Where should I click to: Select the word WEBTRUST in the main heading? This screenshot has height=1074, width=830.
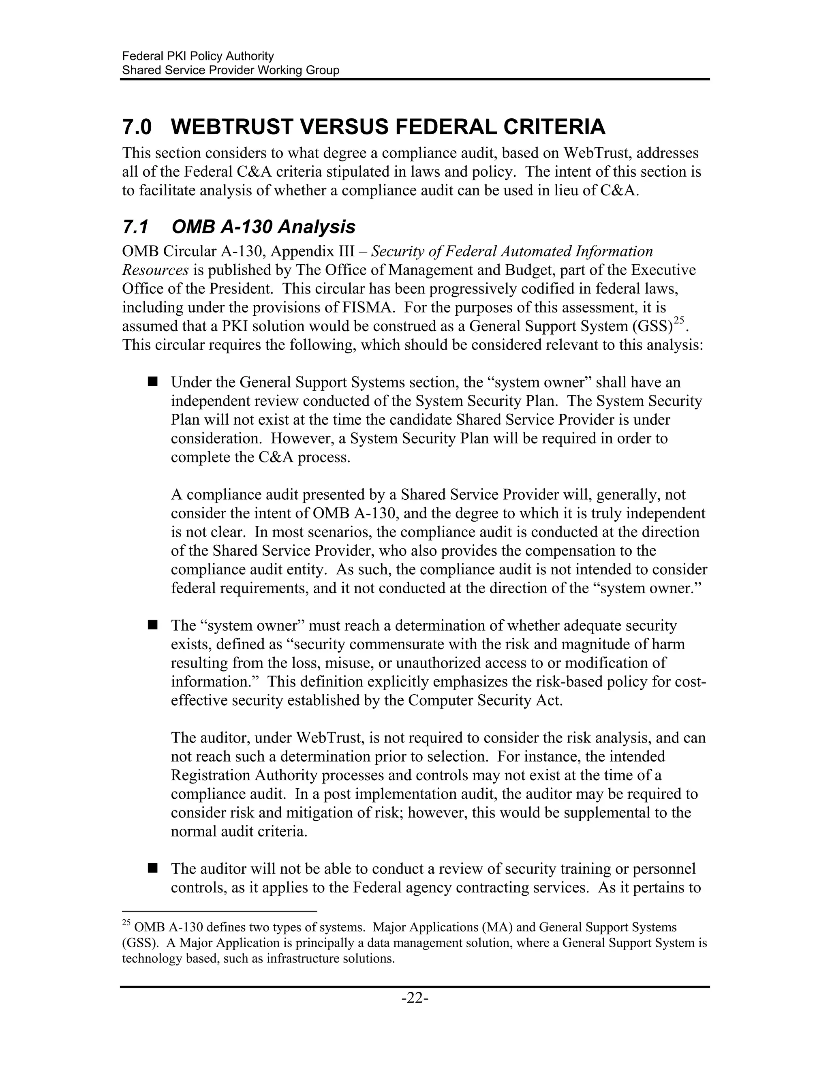pyautogui.click(x=232, y=127)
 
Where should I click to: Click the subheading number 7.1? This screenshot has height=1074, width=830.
pyautogui.click(x=135, y=228)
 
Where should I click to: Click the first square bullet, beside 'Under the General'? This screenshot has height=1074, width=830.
pyautogui.click(x=152, y=382)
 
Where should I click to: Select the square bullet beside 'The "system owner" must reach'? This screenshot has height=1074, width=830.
pyautogui.click(x=152, y=625)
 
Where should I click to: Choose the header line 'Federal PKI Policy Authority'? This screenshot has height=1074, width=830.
pyautogui.click(x=198, y=56)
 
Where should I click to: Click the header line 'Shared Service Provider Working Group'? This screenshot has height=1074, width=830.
pyautogui.click(x=231, y=71)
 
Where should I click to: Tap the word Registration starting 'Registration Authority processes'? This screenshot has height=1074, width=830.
pyautogui.click(x=210, y=775)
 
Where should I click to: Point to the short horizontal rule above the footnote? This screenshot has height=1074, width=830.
pyautogui.click(x=219, y=911)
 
